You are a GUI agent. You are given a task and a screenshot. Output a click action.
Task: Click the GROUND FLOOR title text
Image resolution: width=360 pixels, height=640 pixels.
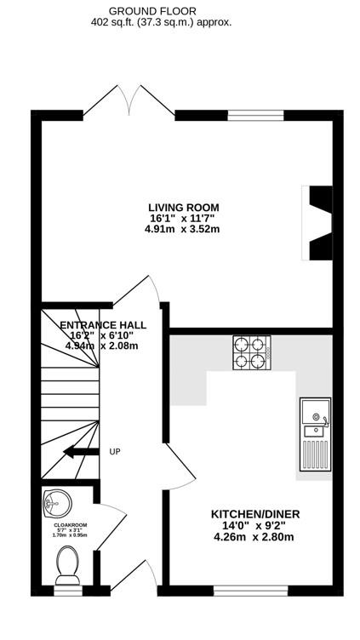pyautogui.click(x=152, y=11)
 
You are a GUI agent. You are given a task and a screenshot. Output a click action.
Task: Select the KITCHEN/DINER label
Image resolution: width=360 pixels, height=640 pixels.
pyautogui.click(x=255, y=514)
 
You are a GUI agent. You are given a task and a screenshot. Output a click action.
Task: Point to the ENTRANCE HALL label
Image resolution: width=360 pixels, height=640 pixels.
pyautogui.click(x=103, y=325)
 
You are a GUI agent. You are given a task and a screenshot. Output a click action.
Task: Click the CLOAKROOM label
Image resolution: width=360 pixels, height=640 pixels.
pyautogui.click(x=70, y=525)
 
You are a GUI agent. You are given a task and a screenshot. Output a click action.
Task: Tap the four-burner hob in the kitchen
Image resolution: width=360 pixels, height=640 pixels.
pyautogui.click(x=251, y=352)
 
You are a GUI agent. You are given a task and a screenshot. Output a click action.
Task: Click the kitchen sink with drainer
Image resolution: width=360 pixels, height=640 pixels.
pyautogui.click(x=315, y=434)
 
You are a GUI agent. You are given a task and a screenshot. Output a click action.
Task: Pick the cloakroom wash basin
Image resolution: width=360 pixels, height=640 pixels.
pyautogui.click(x=56, y=504)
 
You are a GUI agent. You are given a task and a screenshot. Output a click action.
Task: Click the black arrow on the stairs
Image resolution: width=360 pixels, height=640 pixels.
pyautogui.click(x=81, y=451)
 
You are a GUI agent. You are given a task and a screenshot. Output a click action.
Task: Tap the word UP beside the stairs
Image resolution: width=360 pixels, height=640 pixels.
pyautogui.click(x=115, y=452)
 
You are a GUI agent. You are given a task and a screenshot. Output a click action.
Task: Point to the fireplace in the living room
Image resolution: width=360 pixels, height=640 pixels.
pyautogui.click(x=317, y=223)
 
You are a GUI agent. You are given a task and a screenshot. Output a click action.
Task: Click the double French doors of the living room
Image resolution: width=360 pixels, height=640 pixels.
pyautogui.click(x=129, y=100)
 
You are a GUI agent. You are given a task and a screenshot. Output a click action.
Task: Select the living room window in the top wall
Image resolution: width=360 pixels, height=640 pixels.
pyautogui.click(x=255, y=116)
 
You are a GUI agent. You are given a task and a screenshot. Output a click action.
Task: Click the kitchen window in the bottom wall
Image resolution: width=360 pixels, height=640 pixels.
pyautogui.click(x=251, y=591)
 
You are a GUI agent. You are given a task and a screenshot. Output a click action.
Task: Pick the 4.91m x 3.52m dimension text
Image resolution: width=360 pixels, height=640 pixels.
pyautogui.click(x=182, y=229)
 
